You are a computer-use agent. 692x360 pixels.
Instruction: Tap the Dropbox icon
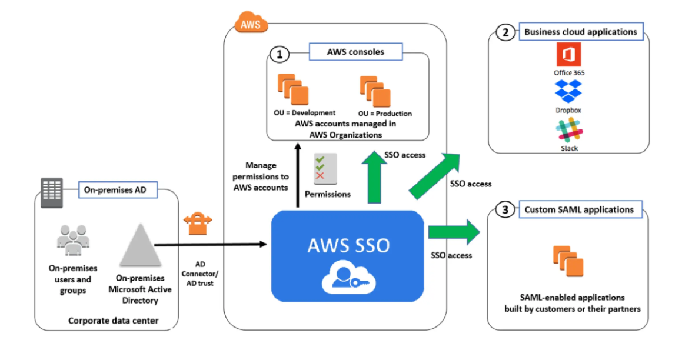568,92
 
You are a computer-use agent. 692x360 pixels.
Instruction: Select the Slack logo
568,129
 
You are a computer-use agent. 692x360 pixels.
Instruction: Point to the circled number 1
280,54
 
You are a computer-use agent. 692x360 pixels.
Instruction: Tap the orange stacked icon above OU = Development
293,89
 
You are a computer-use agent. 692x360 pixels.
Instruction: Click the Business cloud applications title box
580,32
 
